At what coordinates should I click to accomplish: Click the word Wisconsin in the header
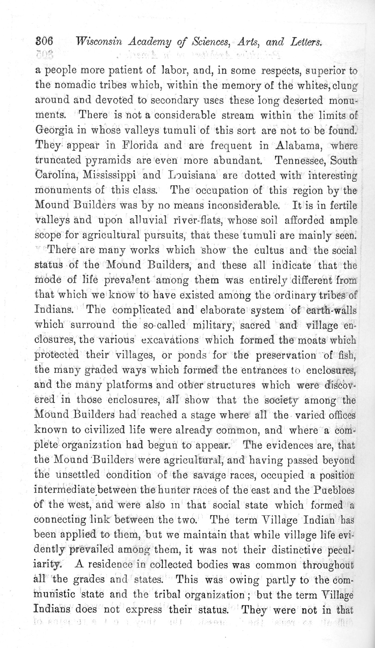(99, 42)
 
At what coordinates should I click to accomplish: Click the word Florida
(140, 146)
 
